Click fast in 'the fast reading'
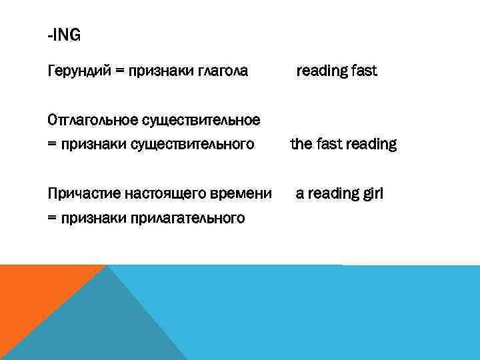tap(327, 144)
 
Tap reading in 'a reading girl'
tap(332, 194)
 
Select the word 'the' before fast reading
tap(301, 144)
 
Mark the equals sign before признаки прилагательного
tap(53, 218)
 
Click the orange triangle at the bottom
tap(33, 293)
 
